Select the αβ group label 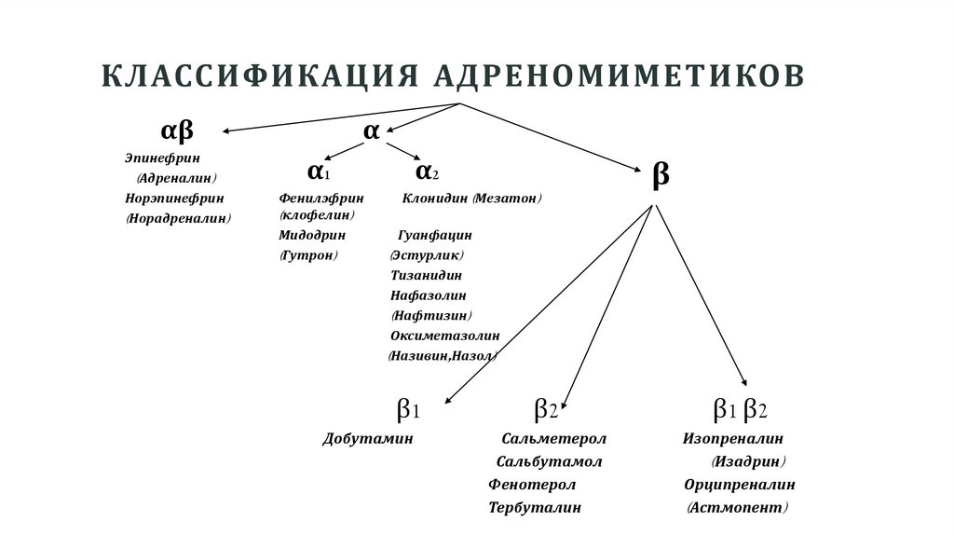pos(178,130)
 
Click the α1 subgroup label pos(319,171)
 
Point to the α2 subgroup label pos(428,171)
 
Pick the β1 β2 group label pos(740,409)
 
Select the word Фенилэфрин pos(321,198)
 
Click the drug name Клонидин pos(435,198)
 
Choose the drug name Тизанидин pos(427,275)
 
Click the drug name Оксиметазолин pos(445,335)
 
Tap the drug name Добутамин pos(367,438)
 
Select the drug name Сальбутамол pos(550,461)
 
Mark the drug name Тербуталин pos(535,508)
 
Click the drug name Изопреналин pos(733,438)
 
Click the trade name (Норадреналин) pos(178,218)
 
